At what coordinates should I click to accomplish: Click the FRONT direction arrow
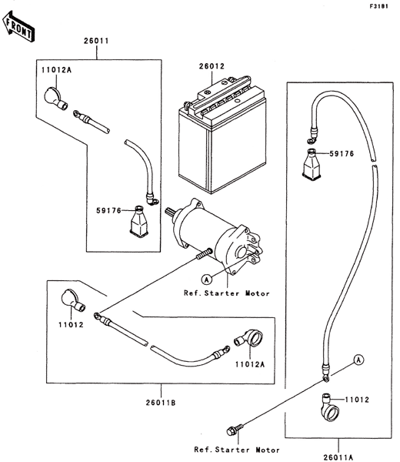pyautogui.click(x=18, y=26)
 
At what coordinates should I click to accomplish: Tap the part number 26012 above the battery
pyautogui.click(x=212, y=66)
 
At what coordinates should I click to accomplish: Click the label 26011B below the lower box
pyautogui.click(x=161, y=403)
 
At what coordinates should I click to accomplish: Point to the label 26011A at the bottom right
pyautogui.click(x=338, y=457)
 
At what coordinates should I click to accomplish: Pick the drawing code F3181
pyautogui.click(x=379, y=6)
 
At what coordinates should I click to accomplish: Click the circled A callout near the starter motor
pyautogui.click(x=207, y=279)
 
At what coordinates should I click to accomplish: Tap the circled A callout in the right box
pyautogui.click(x=358, y=360)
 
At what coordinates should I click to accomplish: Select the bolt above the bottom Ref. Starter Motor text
pyautogui.click(x=235, y=430)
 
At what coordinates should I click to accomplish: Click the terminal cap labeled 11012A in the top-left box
pyautogui.click(x=56, y=98)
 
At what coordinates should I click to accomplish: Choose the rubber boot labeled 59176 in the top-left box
pyautogui.click(x=138, y=221)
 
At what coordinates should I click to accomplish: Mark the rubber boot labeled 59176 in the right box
pyautogui.click(x=312, y=164)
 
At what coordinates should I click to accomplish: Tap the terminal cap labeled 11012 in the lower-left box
pyautogui.click(x=73, y=300)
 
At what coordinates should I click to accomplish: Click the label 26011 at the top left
pyautogui.click(x=96, y=41)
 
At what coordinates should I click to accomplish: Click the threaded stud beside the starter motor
pyautogui.click(x=204, y=254)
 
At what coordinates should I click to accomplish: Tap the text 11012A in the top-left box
pyautogui.click(x=56, y=70)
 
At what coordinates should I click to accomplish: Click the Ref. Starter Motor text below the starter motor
pyautogui.click(x=227, y=293)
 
